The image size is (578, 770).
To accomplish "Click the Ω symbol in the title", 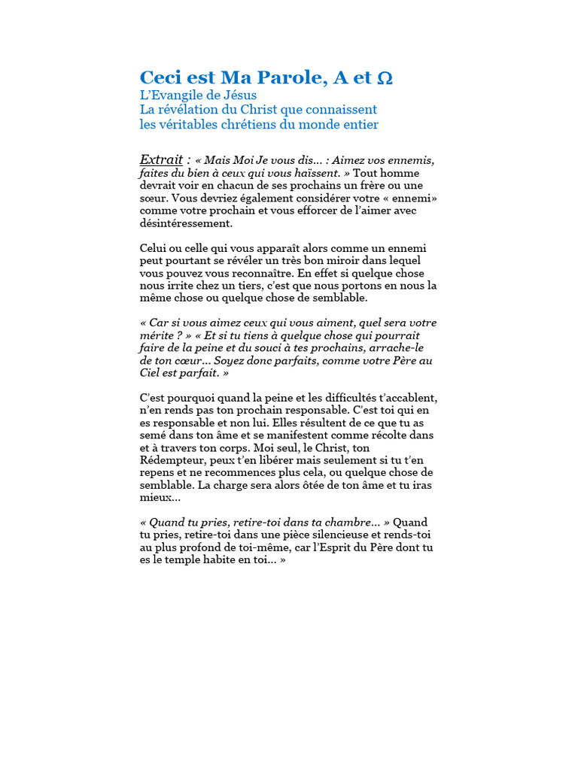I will coord(384,77).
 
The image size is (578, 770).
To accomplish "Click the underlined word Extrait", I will coord(161,159).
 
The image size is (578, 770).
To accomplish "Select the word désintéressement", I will coord(186,223).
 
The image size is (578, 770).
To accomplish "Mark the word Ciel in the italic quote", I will coord(151,373).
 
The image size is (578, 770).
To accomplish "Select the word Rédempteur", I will coord(176,460).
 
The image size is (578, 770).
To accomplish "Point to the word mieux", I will coord(154,497).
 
